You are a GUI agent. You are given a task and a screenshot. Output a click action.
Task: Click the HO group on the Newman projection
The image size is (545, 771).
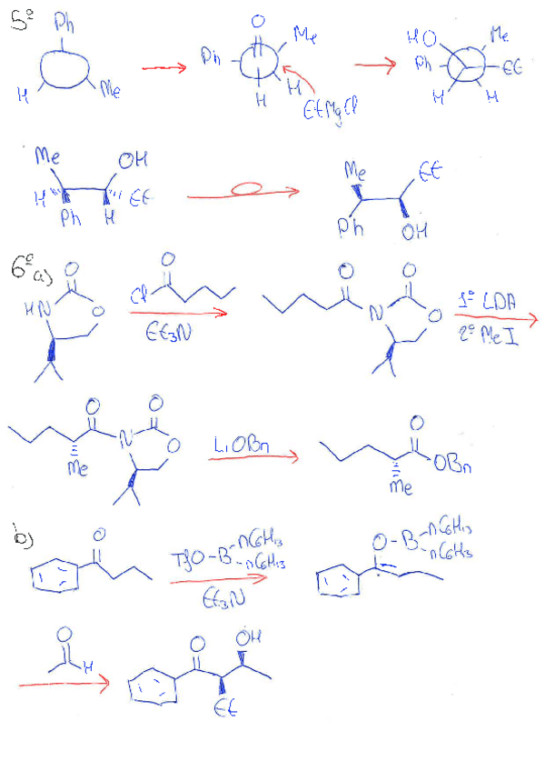[424, 40]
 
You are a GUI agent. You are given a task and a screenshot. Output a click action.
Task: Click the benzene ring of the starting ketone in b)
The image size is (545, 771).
[52, 575]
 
